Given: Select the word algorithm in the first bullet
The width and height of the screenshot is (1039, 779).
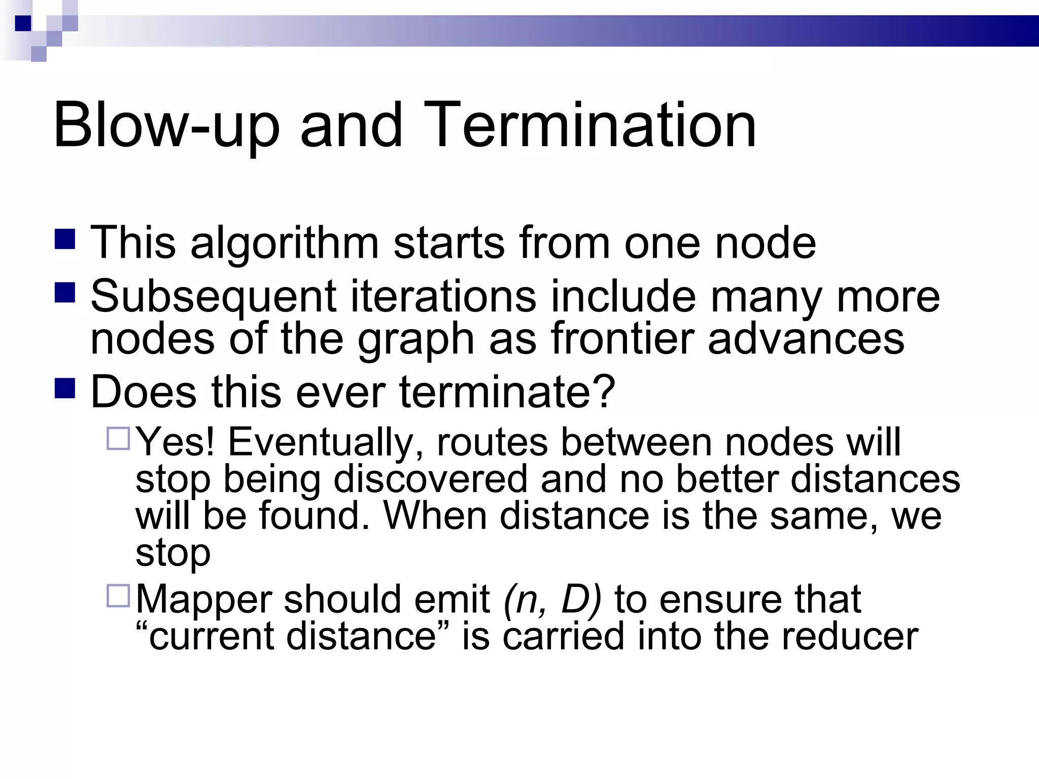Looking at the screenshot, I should [285, 243].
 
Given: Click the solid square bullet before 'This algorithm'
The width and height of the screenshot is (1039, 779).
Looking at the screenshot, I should [64, 239].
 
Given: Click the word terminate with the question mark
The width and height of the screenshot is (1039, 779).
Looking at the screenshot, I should [507, 392].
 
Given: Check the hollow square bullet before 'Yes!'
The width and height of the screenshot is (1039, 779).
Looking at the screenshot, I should [119, 438].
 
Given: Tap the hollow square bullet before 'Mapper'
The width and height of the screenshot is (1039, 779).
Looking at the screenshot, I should [119, 595].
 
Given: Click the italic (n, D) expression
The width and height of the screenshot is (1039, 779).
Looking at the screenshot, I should [552, 600].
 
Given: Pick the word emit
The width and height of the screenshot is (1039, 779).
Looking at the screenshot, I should [452, 599].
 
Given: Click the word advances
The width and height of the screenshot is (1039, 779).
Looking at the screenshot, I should [806, 338].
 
